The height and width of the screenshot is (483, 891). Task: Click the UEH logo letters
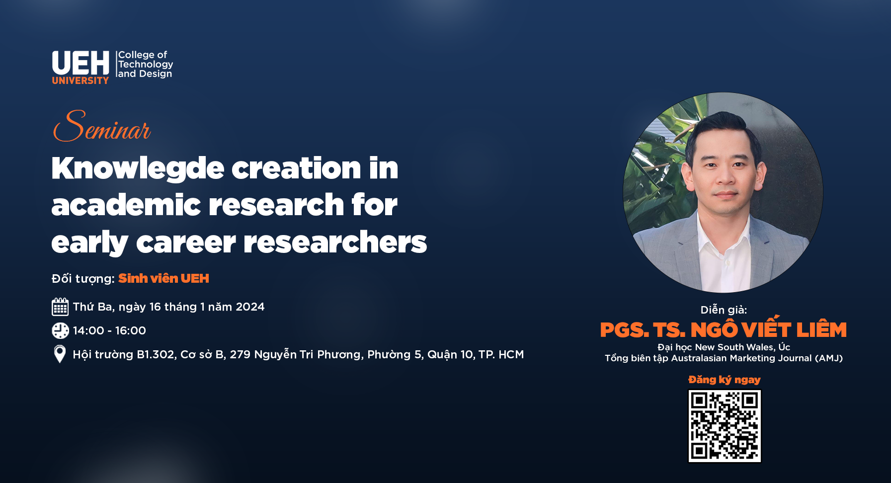[x=81, y=63]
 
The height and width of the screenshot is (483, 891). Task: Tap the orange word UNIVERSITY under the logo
[x=81, y=80]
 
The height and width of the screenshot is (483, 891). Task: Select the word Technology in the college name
[x=146, y=65]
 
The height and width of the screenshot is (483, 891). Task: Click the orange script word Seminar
[x=102, y=126]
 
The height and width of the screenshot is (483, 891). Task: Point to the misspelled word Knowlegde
[x=138, y=168]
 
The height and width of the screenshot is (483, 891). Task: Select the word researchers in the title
[x=335, y=242]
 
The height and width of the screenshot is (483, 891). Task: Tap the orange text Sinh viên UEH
[x=163, y=278]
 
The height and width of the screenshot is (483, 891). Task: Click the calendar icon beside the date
[x=60, y=307]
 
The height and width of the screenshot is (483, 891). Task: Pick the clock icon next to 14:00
[x=60, y=330]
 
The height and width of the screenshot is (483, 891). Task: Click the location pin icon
[x=60, y=354]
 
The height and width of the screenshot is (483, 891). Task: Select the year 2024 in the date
[x=250, y=307]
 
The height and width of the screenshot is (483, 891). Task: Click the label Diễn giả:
[x=724, y=310]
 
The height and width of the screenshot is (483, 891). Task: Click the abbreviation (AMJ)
[x=829, y=358]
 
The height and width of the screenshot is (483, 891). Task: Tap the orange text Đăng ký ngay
[x=724, y=380]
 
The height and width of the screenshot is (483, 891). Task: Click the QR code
[x=725, y=426]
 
